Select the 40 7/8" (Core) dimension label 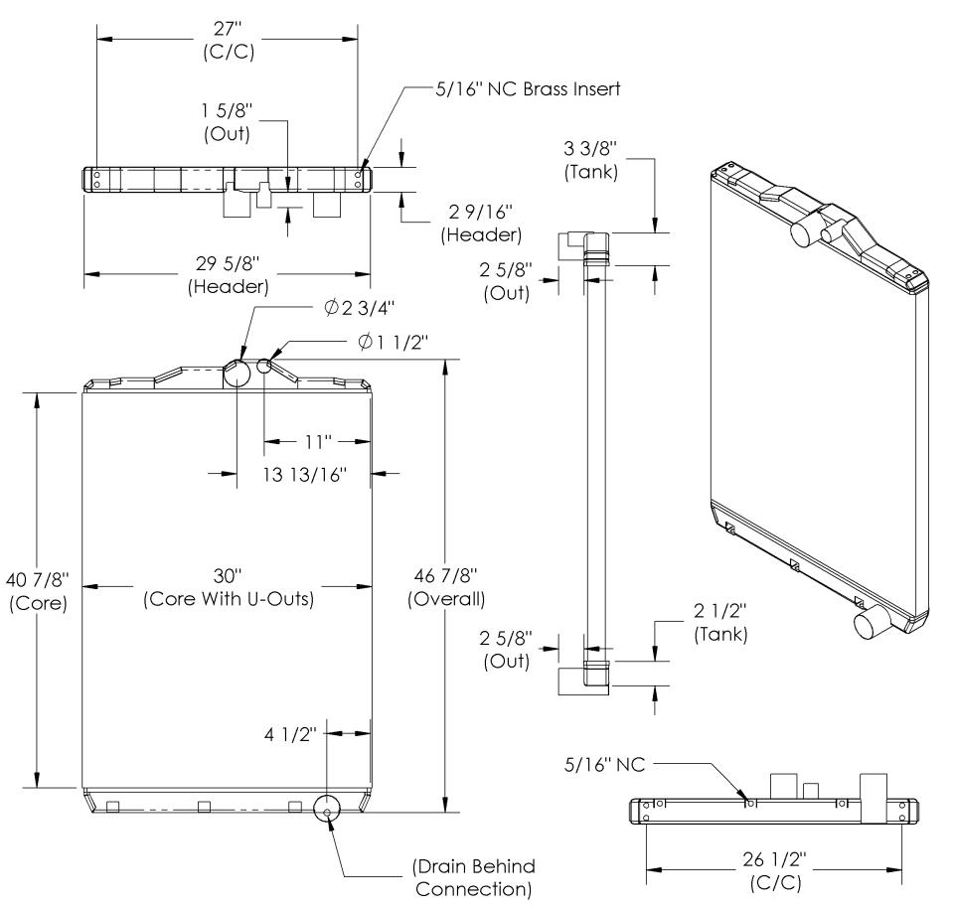tap(37, 593)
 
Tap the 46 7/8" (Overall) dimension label tap(446, 588)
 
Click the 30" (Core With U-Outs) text tap(228, 587)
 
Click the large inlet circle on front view tap(237, 374)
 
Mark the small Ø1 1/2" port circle tap(264, 366)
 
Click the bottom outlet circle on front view tap(327, 809)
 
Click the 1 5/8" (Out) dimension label tap(226, 121)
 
